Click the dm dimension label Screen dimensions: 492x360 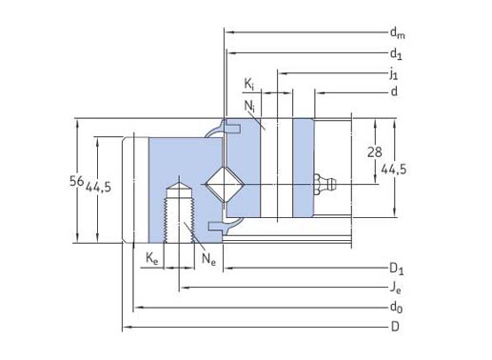tap(398, 33)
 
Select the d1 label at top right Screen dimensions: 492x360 tap(396, 53)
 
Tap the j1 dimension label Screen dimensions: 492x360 tap(394, 73)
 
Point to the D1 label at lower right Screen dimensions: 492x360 tap(397, 269)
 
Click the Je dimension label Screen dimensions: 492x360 tap(395, 289)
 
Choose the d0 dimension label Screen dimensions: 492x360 tap(396, 308)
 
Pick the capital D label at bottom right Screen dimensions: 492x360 tap(395, 327)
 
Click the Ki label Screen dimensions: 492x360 tap(249, 85)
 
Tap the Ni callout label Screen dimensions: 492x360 tap(249, 106)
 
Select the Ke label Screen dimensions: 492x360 tap(151, 258)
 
